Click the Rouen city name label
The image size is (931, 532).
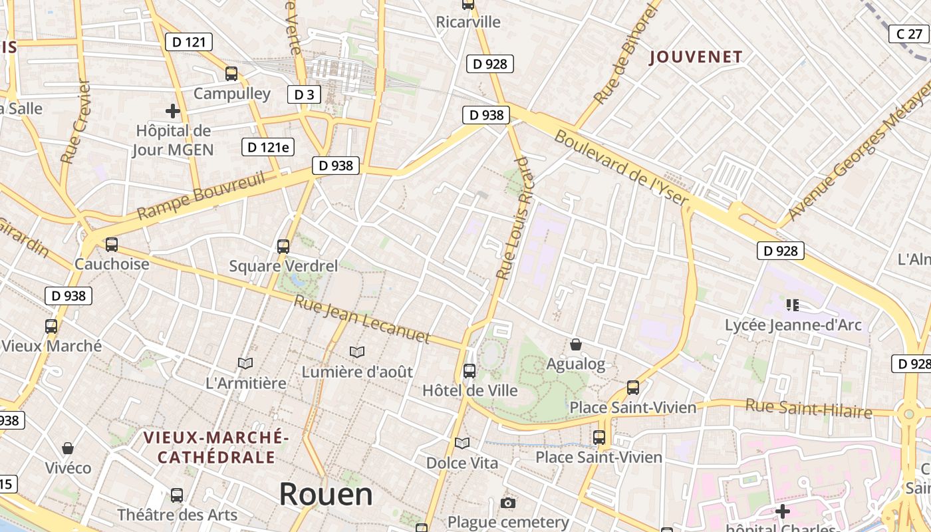326,495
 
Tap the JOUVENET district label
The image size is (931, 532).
696,57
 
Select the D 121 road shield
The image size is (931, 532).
188,43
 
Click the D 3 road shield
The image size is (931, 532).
304,94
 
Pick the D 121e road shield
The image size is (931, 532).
267,148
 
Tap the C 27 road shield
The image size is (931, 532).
908,34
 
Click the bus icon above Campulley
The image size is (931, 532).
231,74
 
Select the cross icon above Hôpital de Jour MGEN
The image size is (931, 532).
173,111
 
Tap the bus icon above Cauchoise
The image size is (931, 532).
112,245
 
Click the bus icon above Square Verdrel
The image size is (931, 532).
283,247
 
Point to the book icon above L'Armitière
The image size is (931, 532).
245,363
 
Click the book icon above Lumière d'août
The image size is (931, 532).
357,352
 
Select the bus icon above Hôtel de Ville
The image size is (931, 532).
469,371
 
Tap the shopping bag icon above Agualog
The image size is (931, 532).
576,344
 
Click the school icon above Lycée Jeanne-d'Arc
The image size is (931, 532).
792,305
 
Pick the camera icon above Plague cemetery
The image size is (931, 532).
508,503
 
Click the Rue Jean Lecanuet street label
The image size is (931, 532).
362,321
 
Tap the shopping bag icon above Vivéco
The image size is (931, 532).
68,448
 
